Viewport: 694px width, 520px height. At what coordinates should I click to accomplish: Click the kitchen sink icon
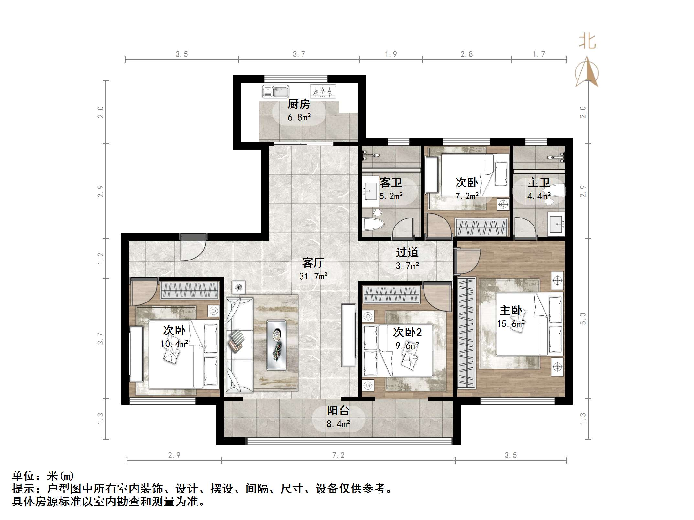(275, 92)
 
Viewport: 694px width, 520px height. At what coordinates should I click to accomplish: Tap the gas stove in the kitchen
(323, 91)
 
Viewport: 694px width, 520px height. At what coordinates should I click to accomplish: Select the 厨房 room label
(299, 104)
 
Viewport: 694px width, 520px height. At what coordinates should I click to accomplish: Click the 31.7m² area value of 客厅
(313, 276)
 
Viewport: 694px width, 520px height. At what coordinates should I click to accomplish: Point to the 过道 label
(407, 252)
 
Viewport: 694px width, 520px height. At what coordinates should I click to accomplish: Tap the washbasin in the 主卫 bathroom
(556, 223)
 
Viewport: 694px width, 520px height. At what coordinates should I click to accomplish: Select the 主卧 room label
(511, 311)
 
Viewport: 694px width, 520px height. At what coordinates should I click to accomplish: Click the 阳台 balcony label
(338, 410)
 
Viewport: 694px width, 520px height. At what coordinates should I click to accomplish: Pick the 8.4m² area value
(338, 424)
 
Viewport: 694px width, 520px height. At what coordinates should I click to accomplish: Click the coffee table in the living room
(276, 345)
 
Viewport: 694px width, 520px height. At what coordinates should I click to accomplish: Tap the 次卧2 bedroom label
(407, 332)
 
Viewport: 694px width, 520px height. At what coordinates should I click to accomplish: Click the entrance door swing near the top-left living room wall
(193, 249)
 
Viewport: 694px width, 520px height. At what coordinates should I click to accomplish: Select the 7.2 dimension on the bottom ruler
(338, 455)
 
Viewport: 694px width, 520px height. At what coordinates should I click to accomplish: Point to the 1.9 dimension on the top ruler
(391, 54)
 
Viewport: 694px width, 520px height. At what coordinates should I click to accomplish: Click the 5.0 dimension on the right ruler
(583, 318)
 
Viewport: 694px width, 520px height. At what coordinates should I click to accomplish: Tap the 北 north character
(587, 42)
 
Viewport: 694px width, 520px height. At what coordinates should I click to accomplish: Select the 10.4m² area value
(174, 344)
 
